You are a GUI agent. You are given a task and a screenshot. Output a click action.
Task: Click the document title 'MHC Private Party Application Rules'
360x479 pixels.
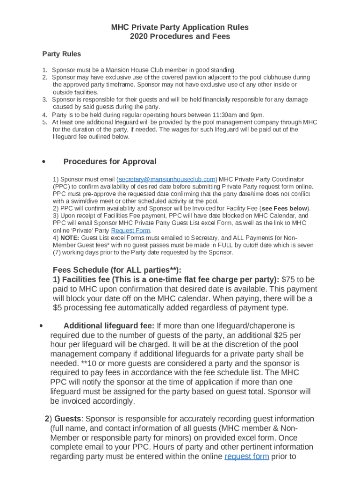tap(180, 27)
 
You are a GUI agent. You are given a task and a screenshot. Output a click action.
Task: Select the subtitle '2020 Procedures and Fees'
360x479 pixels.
tap(180, 36)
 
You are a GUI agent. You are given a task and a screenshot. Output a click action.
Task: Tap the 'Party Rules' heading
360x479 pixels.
tap(62, 54)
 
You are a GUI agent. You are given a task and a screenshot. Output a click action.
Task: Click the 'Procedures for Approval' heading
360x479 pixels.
tap(110, 162)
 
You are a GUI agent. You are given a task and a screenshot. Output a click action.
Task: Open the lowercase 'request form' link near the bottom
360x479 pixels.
tap(247, 457)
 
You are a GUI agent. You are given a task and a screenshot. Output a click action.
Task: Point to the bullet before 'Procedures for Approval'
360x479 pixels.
tap(43, 162)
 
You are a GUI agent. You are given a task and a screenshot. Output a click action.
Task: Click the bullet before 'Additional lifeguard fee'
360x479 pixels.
tap(42, 326)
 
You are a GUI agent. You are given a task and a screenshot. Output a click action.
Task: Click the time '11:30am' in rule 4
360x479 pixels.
tap(217, 115)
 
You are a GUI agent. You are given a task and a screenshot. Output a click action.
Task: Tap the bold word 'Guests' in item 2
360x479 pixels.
tap(68, 419)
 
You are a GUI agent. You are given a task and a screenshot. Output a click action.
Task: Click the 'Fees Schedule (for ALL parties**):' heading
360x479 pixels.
tap(117, 270)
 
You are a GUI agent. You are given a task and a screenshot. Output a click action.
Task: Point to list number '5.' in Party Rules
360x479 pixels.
tap(44, 123)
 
